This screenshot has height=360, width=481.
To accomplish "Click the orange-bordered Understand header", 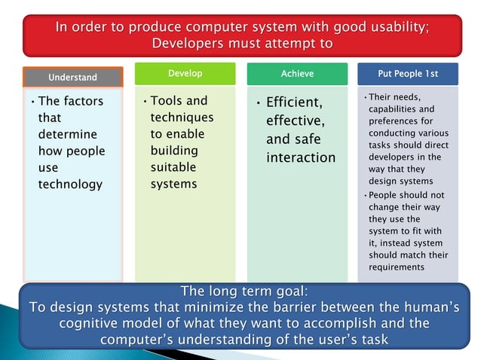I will [x=73, y=78].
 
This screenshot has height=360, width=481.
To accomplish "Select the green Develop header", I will [x=184, y=74].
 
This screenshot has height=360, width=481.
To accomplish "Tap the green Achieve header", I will [x=297, y=74].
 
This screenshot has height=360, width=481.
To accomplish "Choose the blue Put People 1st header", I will [x=407, y=74].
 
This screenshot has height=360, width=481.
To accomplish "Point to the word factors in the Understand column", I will [x=83, y=101].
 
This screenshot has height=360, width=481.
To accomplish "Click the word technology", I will [x=70, y=184].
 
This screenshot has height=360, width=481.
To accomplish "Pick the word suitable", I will [x=173, y=167].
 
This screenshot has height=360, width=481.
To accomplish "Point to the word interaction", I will [x=301, y=157].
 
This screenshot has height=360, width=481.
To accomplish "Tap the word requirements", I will [x=397, y=267].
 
